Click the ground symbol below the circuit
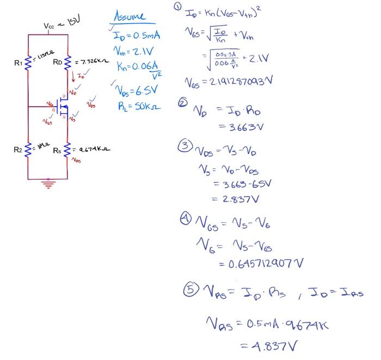48,184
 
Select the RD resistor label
58,62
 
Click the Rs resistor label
58,149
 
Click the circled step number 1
177,7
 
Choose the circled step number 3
186,146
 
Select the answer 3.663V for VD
237,127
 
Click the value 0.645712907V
261,264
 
